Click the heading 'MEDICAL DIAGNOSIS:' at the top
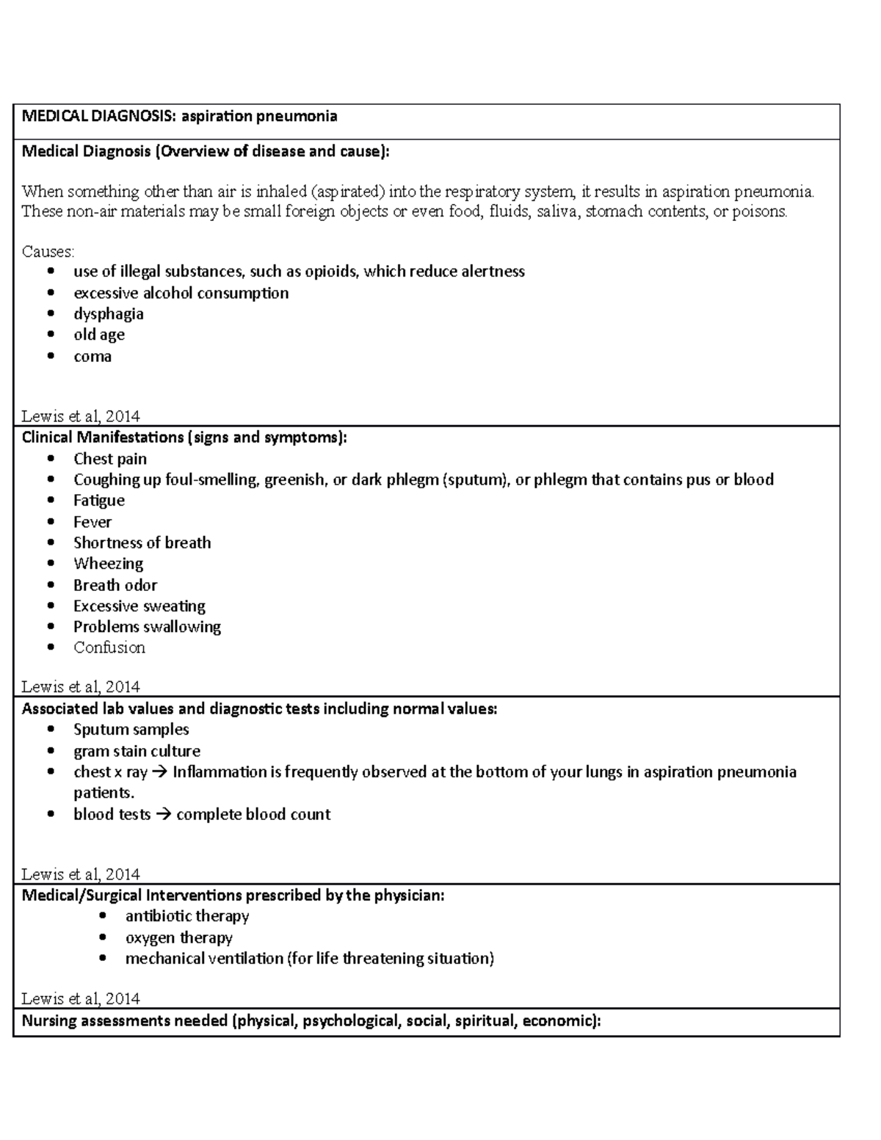(x=99, y=116)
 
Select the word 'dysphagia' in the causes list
(x=108, y=314)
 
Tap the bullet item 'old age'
(x=98, y=335)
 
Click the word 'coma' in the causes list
(x=93, y=357)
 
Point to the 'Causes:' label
(x=48, y=252)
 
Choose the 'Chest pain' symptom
(x=109, y=459)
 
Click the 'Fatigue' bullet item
(x=98, y=501)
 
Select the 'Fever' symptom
(x=93, y=522)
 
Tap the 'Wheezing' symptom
(x=108, y=564)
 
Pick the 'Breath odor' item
(x=115, y=585)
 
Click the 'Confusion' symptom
(x=109, y=647)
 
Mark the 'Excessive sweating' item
(x=139, y=606)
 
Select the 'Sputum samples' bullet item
(x=131, y=730)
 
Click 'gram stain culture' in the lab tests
(x=137, y=751)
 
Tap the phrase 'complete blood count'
(x=253, y=814)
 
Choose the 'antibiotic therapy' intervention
(x=187, y=916)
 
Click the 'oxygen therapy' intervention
(x=178, y=937)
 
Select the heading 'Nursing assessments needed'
(x=125, y=1020)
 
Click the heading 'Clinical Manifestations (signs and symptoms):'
(x=184, y=438)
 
